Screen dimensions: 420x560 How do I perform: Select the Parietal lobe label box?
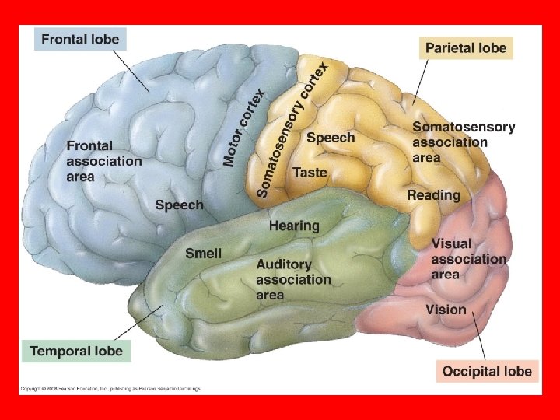tap(465, 48)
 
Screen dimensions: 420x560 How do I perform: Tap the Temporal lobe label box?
tap(76, 352)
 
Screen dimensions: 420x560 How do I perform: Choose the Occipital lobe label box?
tap(487, 371)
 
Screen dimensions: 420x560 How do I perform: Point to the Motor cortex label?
tap(244, 128)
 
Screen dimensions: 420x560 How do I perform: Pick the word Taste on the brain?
tap(310, 172)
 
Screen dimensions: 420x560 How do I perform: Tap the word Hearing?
tap(294, 226)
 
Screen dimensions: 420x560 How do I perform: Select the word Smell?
tap(203, 253)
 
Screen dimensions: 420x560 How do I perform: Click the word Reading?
tap(433, 195)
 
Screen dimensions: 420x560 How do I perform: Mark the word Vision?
tap(446, 310)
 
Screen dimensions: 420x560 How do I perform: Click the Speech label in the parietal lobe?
tap(331, 138)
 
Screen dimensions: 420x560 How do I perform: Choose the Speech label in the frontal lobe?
tap(179, 205)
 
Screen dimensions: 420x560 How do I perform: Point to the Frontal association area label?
tap(104, 161)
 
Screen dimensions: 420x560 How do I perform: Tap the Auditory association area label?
tap(293, 279)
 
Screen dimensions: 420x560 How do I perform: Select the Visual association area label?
tap(468, 259)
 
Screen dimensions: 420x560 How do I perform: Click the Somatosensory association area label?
tap(463, 142)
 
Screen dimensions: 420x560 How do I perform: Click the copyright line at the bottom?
tap(110, 388)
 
